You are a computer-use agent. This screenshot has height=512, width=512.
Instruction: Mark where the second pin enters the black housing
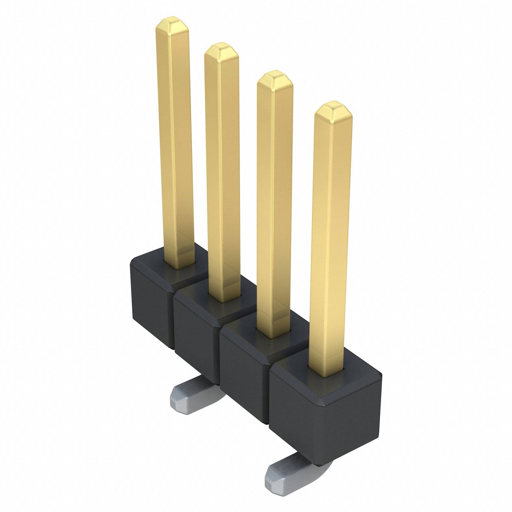tap(226, 300)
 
